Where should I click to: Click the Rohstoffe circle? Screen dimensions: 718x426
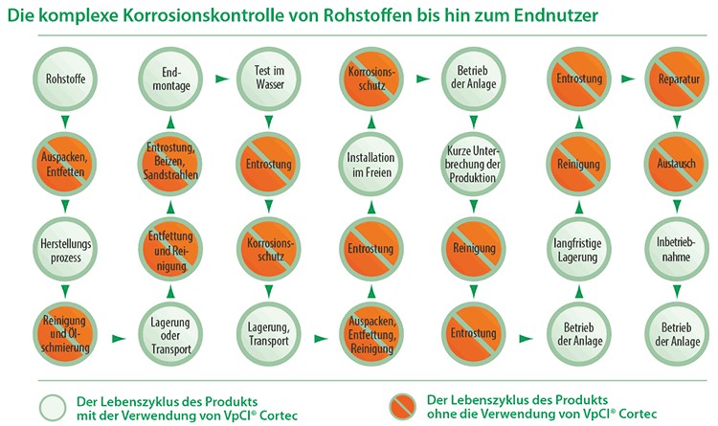coord(65,78)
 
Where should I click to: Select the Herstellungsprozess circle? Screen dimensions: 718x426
coord(65,250)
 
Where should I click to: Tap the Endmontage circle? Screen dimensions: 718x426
coord(170,78)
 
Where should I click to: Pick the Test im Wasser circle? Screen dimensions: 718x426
coord(269,78)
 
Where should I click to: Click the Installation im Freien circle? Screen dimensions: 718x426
coord(370,164)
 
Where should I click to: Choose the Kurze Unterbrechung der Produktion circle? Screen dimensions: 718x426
coord(474,164)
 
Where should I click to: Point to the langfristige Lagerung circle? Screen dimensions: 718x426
coord(579,250)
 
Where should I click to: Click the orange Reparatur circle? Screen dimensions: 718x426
coord(677,78)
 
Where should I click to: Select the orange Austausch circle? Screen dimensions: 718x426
coord(677,164)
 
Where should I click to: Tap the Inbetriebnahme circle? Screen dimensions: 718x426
coord(677,250)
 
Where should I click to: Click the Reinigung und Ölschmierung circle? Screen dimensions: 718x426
coord(65,334)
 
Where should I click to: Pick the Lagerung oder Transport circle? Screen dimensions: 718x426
coord(170,334)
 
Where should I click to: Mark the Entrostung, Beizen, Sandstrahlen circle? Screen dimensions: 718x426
coord(170,164)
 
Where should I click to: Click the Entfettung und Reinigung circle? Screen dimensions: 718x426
coord(170,250)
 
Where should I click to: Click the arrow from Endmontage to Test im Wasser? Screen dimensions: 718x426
coord(222,78)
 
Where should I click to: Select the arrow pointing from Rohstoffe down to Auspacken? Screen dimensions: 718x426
coord(65,123)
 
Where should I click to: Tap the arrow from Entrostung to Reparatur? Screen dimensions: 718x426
coord(628,78)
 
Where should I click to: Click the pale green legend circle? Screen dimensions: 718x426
coord(53,407)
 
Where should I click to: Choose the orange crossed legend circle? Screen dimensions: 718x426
coord(402,406)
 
